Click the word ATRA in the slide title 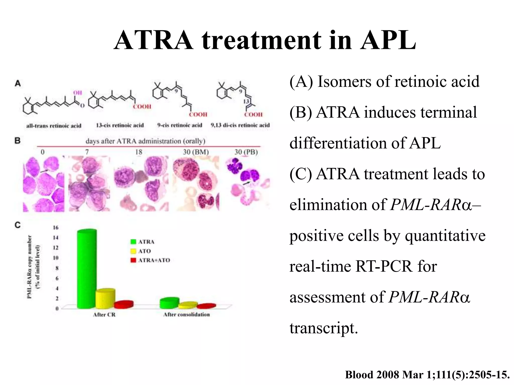[x=154, y=40]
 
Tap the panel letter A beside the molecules [x=18, y=83]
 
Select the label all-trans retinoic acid [x=54, y=126]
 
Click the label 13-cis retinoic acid [x=120, y=125]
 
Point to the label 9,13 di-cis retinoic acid [x=240, y=125]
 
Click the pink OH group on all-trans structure [x=78, y=93]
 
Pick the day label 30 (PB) [x=246, y=152]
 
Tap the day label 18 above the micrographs [x=139, y=152]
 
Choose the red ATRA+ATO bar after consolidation [x=206, y=306]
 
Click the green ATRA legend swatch [x=133, y=242]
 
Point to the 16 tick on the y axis [x=55, y=228]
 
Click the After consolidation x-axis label [x=186, y=315]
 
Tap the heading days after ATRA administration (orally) [x=145, y=141]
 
